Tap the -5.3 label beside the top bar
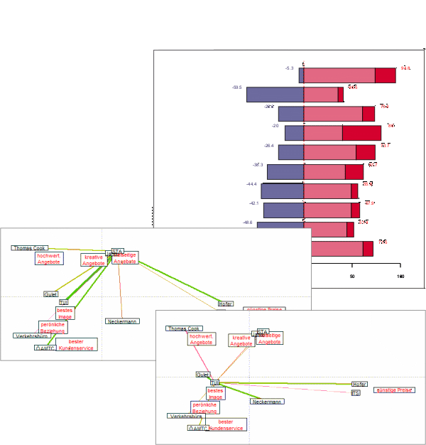(x=289, y=68)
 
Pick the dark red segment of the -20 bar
(x=361, y=132)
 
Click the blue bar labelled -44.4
(x=282, y=191)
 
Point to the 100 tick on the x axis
(x=400, y=277)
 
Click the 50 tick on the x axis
(x=352, y=277)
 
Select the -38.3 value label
(x=257, y=165)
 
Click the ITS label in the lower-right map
(x=356, y=392)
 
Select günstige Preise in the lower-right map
(x=394, y=390)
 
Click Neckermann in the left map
(x=122, y=321)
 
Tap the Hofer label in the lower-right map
(x=359, y=384)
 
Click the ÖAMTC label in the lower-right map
(x=198, y=428)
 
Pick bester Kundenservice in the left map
(x=76, y=345)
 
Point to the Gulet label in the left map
(x=50, y=294)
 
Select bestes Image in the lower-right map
(x=214, y=393)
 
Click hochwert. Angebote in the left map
(x=49, y=259)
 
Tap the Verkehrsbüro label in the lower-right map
(x=185, y=416)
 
